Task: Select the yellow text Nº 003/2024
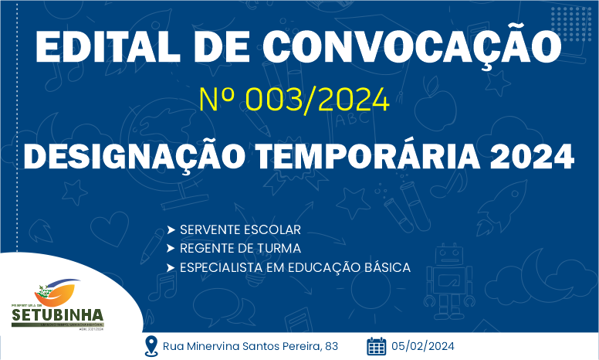[293, 100]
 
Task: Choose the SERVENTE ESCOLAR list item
[240, 230]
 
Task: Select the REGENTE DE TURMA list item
[240, 249]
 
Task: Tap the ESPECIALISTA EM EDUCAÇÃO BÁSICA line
[294, 267]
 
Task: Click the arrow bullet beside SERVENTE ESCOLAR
[170, 230]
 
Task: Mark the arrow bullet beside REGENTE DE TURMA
[170, 249]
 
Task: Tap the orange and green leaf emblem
[56, 292]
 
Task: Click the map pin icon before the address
[152, 345]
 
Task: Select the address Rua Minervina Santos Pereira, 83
[250, 346]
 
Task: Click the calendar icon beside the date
[376, 345]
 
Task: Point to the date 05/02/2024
[422, 346]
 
